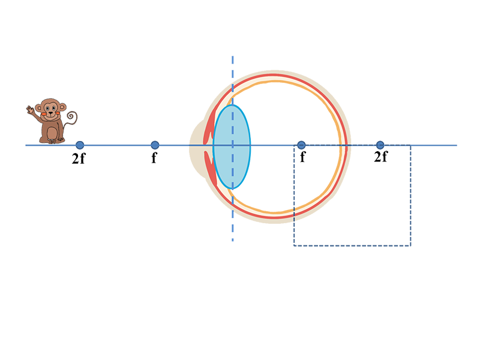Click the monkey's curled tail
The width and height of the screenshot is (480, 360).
(71, 118)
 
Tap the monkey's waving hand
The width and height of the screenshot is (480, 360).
(30, 110)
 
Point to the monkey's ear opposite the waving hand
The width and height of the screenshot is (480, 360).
(62, 107)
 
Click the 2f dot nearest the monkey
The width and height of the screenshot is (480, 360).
(80, 145)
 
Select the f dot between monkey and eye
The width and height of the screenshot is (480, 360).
(155, 145)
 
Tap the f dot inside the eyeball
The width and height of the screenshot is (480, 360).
(301, 145)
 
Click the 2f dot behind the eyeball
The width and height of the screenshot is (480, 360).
(380, 145)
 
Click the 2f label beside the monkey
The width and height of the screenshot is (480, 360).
(79, 158)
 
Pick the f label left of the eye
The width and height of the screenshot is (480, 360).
(154, 158)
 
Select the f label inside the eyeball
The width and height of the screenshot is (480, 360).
(302, 157)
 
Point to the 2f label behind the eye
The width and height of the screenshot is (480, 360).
(381, 157)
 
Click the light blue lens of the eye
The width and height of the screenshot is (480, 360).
(232, 147)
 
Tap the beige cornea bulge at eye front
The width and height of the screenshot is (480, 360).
(196, 147)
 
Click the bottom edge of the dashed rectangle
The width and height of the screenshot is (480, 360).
(352, 245)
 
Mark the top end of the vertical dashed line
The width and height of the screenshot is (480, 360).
(233, 56)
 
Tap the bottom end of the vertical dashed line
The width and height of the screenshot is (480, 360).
(233, 241)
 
